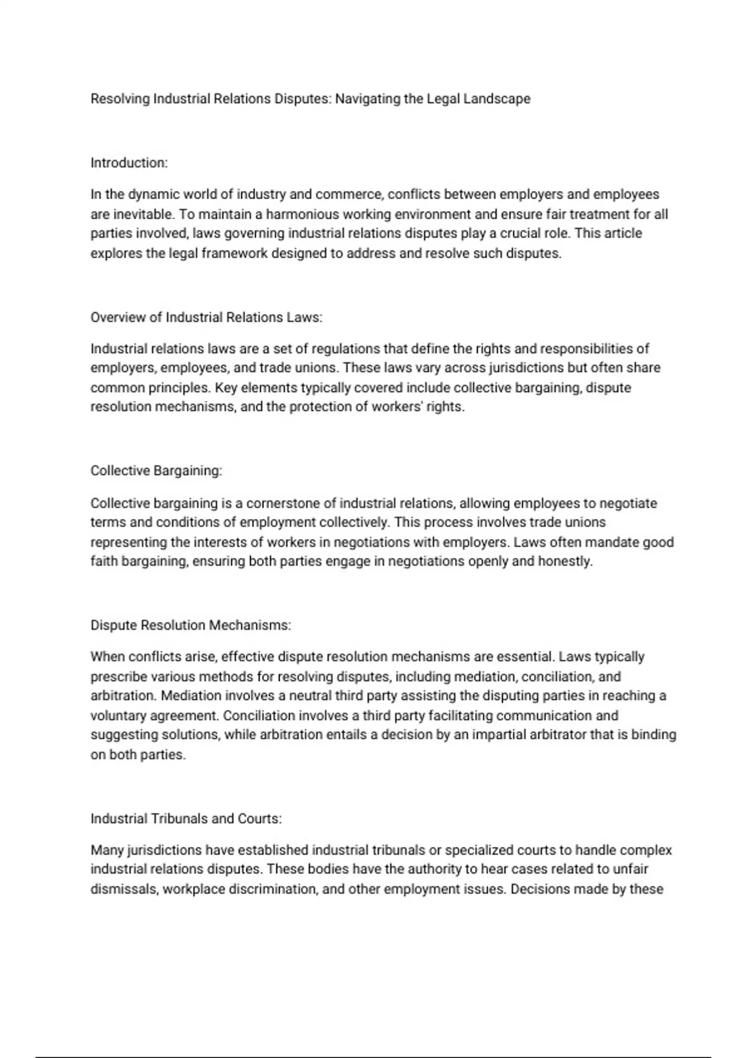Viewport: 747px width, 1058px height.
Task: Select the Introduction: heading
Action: pyautogui.click(x=129, y=163)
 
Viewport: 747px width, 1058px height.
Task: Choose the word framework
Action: pyautogui.click(x=234, y=253)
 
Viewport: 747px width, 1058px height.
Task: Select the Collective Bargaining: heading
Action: pyautogui.click(x=156, y=471)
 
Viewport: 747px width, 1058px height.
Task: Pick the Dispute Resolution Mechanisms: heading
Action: pyautogui.click(x=190, y=625)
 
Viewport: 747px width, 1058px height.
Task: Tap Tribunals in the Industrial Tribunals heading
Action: pyautogui.click(x=179, y=819)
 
